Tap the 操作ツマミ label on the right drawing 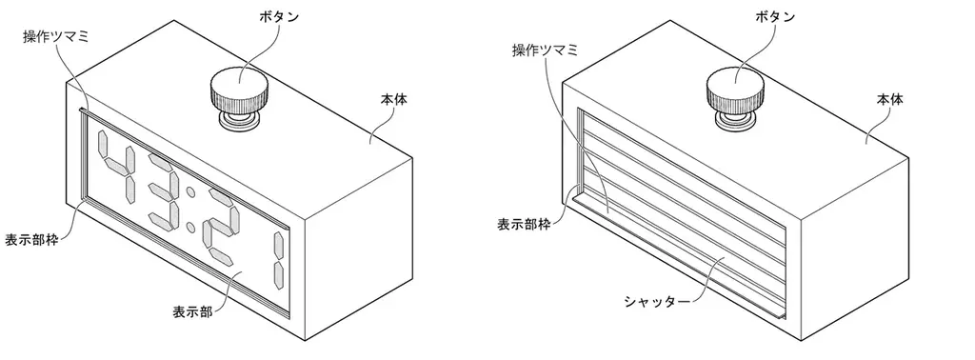coord(544,50)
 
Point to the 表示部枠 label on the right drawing coord(524,225)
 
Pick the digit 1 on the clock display coord(278,259)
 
